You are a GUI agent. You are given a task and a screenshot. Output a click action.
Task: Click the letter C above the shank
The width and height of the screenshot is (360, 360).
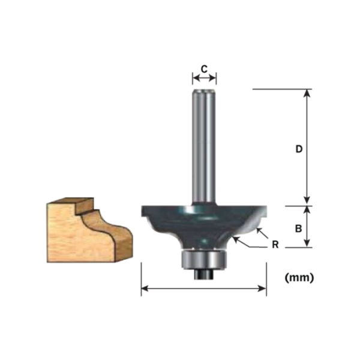tap(203, 69)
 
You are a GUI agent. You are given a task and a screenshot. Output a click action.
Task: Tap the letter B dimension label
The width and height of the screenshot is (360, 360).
tap(298, 228)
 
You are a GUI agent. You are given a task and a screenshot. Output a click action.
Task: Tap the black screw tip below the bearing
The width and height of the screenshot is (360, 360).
tap(204, 272)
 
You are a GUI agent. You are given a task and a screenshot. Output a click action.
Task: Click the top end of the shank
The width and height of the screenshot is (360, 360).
tap(203, 90)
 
